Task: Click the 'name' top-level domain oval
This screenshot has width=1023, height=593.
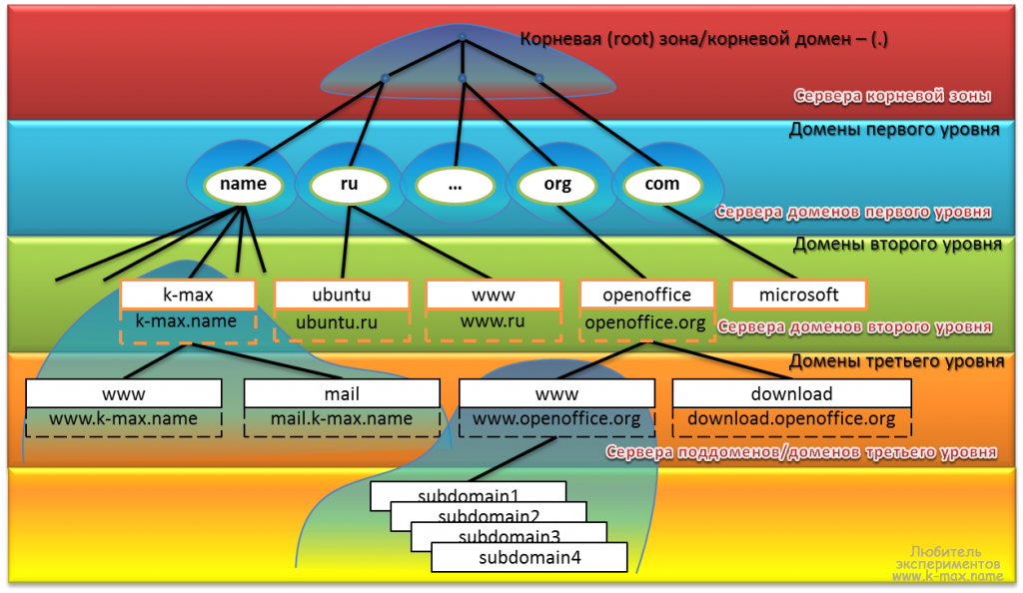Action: point(243,184)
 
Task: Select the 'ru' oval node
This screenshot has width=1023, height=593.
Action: point(349,184)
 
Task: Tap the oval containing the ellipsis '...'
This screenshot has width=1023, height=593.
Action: point(455,185)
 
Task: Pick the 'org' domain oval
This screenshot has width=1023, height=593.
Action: point(557,185)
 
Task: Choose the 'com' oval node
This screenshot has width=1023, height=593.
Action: point(662,184)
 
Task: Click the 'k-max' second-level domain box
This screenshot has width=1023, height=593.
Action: point(188,295)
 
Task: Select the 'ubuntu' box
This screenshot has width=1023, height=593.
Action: point(342,295)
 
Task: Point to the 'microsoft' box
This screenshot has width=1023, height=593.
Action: point(798,295)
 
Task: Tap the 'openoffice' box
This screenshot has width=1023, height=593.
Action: point(647,295)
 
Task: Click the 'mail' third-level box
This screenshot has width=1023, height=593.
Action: point(342,393)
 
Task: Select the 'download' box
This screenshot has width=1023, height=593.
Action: point(791,393)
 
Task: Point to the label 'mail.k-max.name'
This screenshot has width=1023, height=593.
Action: point(342,419)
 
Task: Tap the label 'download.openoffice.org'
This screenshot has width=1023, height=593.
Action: point(791,419)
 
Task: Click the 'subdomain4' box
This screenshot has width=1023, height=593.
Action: point(528,558)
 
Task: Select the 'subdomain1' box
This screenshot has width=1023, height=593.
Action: point(468,493)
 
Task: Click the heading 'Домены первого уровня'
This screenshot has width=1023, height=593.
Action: point(895,129)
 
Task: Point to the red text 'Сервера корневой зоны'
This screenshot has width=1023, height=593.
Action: point(892,97)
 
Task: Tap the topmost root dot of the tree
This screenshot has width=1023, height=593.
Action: point(462,37)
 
